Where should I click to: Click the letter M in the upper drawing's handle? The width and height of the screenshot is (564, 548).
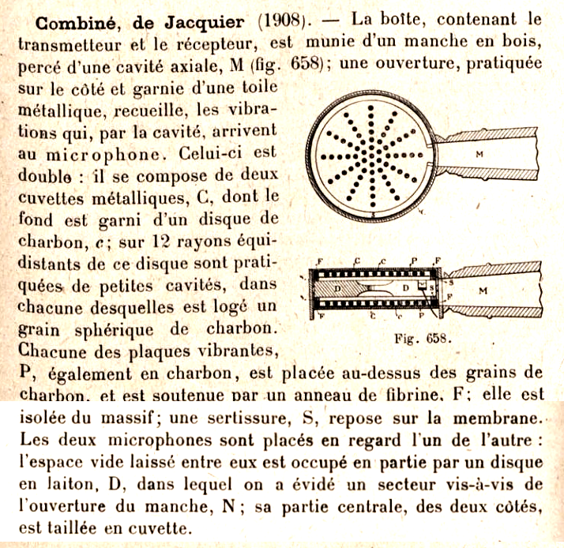[x=479, y=155]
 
